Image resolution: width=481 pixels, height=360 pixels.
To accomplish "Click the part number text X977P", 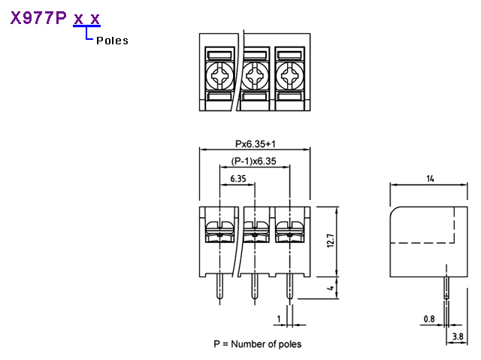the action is click(38, 18).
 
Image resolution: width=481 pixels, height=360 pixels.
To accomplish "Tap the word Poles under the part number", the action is click(112, 41).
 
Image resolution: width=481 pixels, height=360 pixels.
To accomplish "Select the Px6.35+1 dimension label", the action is click(256, 144).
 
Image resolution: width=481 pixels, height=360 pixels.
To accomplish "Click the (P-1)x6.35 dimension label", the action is click(254, 161).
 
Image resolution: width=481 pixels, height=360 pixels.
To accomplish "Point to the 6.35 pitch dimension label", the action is click(238, 178).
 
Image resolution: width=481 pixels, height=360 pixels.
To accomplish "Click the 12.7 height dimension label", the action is click(331, 241).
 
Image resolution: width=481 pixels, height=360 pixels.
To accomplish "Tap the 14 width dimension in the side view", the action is click(430, 178).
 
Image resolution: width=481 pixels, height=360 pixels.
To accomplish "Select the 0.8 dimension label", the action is click(429, 319).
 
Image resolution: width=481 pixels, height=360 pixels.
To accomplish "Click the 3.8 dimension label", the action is click(458, 337).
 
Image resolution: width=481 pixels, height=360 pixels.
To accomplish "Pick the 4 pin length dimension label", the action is click(331, 288).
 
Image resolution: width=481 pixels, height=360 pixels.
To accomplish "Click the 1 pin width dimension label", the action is click(279, 319).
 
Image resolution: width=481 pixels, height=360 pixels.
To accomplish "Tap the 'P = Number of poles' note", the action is click(257, 344).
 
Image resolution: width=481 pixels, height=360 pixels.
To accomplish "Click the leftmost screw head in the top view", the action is click(219, 75).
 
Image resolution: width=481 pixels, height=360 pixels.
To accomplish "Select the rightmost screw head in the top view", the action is click(289, 75).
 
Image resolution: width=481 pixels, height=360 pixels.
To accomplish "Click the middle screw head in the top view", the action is click(254, 75).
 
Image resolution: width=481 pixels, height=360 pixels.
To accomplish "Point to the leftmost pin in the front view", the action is click(219, 286).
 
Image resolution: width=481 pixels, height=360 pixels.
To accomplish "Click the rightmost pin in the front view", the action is click(289, 286).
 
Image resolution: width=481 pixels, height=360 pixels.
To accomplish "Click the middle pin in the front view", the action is click(254, 286).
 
